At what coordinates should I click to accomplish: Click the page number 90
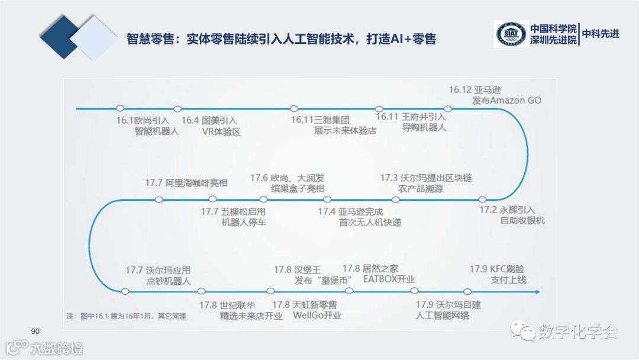click(x=34, y=330)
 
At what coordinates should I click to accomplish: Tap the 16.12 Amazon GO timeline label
click(x=495, y=95)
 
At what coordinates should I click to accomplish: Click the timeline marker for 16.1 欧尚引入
click(x=120, y=108)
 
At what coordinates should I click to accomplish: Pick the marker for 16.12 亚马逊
click(x=448, y=108)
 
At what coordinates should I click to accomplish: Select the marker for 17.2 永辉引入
click(x=482, y=200)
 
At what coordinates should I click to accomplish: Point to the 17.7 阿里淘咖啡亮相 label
click(x=186, y=182)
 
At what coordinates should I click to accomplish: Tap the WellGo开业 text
click(x=318, y=315)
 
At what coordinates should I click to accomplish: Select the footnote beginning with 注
click(x=125, y=316)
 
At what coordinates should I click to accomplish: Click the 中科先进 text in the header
click(x=601, y=34)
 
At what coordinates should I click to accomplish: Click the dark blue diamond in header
click(x=59, y=37)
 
